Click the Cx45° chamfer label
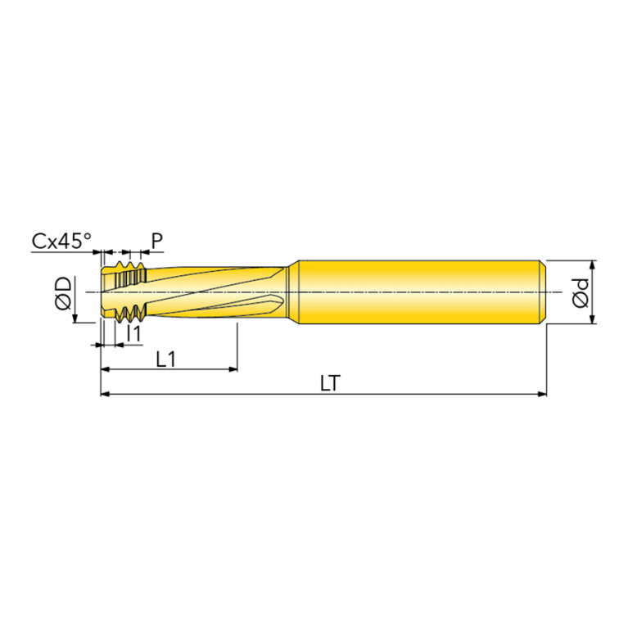point(61,241)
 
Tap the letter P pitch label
point(157,241)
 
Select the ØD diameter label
point(63,293)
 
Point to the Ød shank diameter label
point(581,293)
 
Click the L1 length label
point(166,359)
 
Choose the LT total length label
point(330,383)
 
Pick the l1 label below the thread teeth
point(133,332)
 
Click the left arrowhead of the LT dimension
point(105,394)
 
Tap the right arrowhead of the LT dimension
point(542,394)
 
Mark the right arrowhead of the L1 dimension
point(233,369)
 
